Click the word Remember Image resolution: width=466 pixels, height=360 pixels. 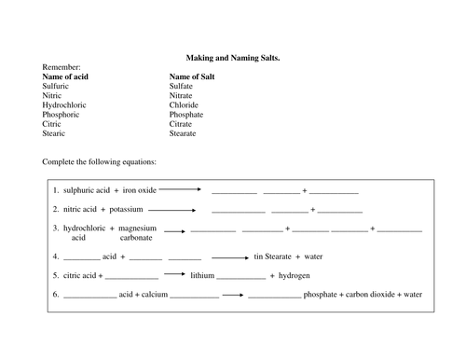click(62, 67)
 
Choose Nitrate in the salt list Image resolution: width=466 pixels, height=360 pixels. click(183, 96)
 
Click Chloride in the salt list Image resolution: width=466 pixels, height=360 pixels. click(185, 105)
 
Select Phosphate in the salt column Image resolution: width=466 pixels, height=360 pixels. click(187, 115)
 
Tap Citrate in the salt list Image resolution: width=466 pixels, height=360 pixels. click(183, 125)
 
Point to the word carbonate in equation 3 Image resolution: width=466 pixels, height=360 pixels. click(136, 237)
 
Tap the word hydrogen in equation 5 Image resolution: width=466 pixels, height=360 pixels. click(295, 276)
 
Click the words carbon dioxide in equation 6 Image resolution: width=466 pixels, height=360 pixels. click(359, 295)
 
